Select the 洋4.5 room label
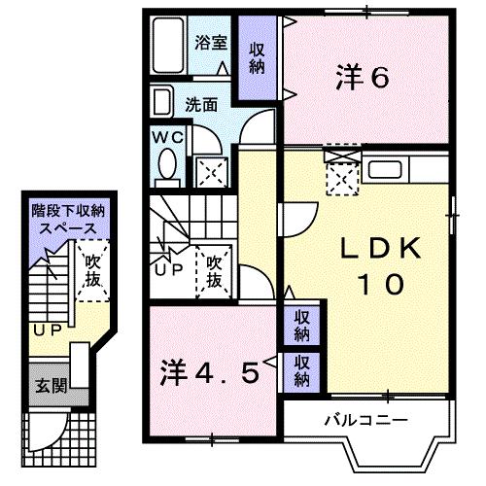[209, 373]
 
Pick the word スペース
[66, 226]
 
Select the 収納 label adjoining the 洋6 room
[258, 58]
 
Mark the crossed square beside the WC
[210, 174]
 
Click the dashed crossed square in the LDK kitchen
[341, 177]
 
